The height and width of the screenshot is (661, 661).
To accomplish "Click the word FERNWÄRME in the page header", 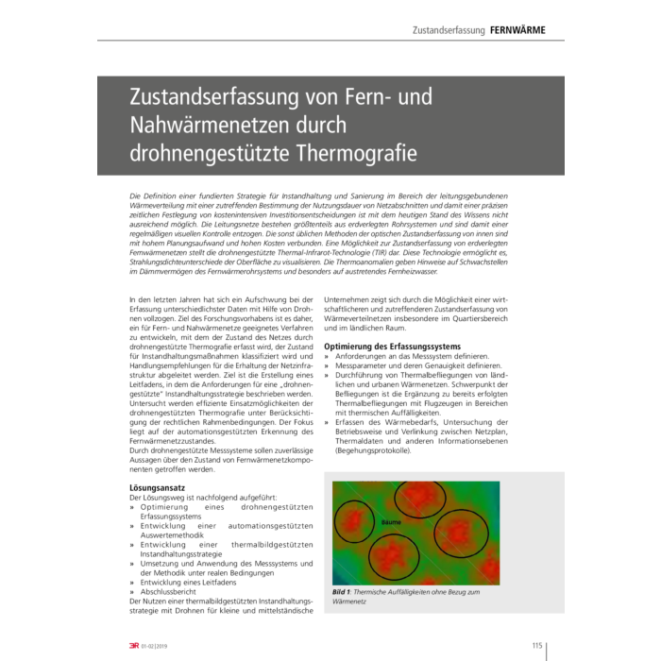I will [517, 30].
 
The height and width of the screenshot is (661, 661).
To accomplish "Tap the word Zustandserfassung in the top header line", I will [448, 30].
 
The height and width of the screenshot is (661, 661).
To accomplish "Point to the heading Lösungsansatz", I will [157, 487].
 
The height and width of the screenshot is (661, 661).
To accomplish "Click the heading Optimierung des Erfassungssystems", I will [392, 347].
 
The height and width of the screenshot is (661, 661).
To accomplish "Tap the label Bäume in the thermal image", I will [391, 521].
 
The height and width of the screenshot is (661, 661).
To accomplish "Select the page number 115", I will [536, 645].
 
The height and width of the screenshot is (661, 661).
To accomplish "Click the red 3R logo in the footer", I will [132, 646].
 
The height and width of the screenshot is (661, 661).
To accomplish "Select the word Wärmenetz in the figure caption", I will [349, 601].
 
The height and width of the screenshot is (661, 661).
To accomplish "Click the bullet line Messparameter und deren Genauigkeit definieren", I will [415, 365].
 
